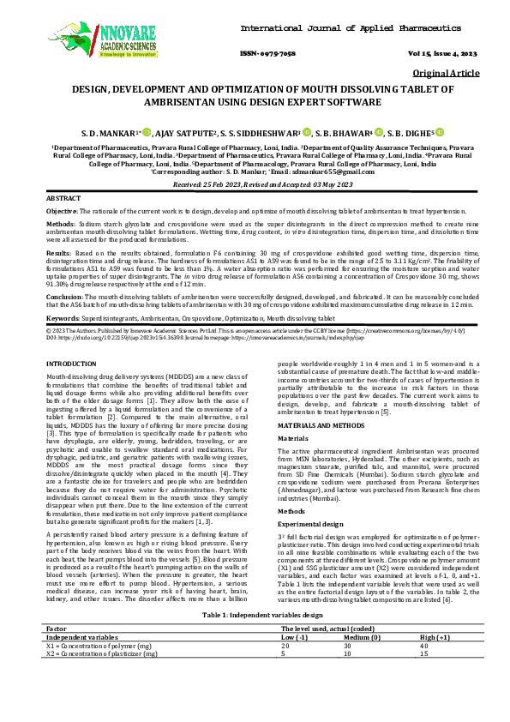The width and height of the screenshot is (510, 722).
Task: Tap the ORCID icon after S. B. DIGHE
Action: [x=439, y=133]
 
